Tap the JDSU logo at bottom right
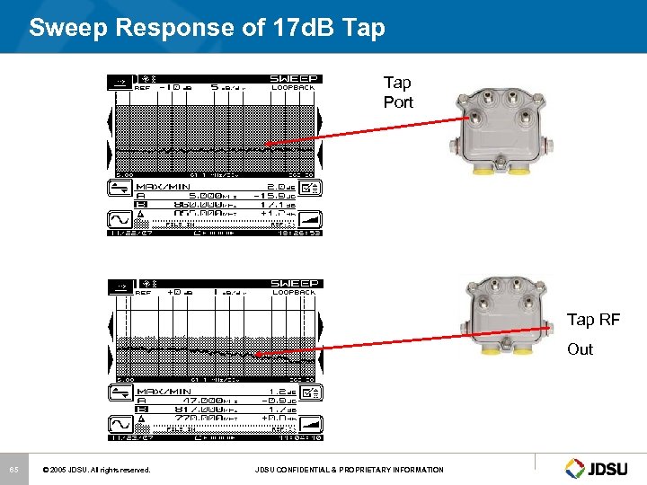600,468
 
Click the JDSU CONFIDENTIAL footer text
349,470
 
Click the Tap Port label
398,93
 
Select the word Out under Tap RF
580,349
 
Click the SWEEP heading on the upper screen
295,79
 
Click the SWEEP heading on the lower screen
295,283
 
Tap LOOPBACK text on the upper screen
294,88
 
